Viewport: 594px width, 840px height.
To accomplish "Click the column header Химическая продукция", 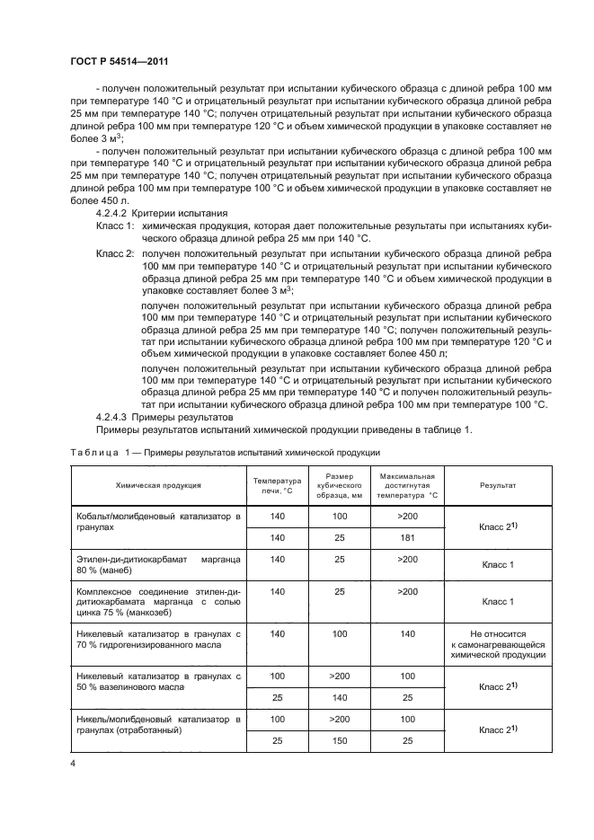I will pos(158,484).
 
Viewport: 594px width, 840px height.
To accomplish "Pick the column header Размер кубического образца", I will pos(340,484).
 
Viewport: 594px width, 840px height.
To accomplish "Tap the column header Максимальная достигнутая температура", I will pos(407,484).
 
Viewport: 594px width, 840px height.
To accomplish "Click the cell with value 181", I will pos(407,537).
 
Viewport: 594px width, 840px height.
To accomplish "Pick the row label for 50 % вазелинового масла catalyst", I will pos(158,679).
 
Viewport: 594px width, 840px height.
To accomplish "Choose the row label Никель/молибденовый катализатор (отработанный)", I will pos(158,724).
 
